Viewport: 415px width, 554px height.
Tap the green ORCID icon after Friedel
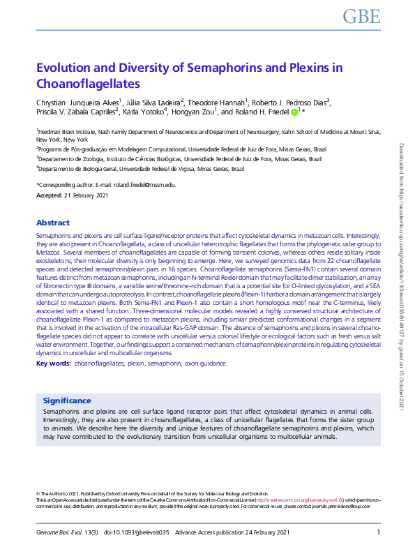pos(294,112)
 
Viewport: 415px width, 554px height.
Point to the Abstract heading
pos(53,223)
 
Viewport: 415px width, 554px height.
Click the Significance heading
pos(67,400)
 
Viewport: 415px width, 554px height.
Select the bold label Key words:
pos(53,364)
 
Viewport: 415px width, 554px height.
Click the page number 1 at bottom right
pos(377,533)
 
